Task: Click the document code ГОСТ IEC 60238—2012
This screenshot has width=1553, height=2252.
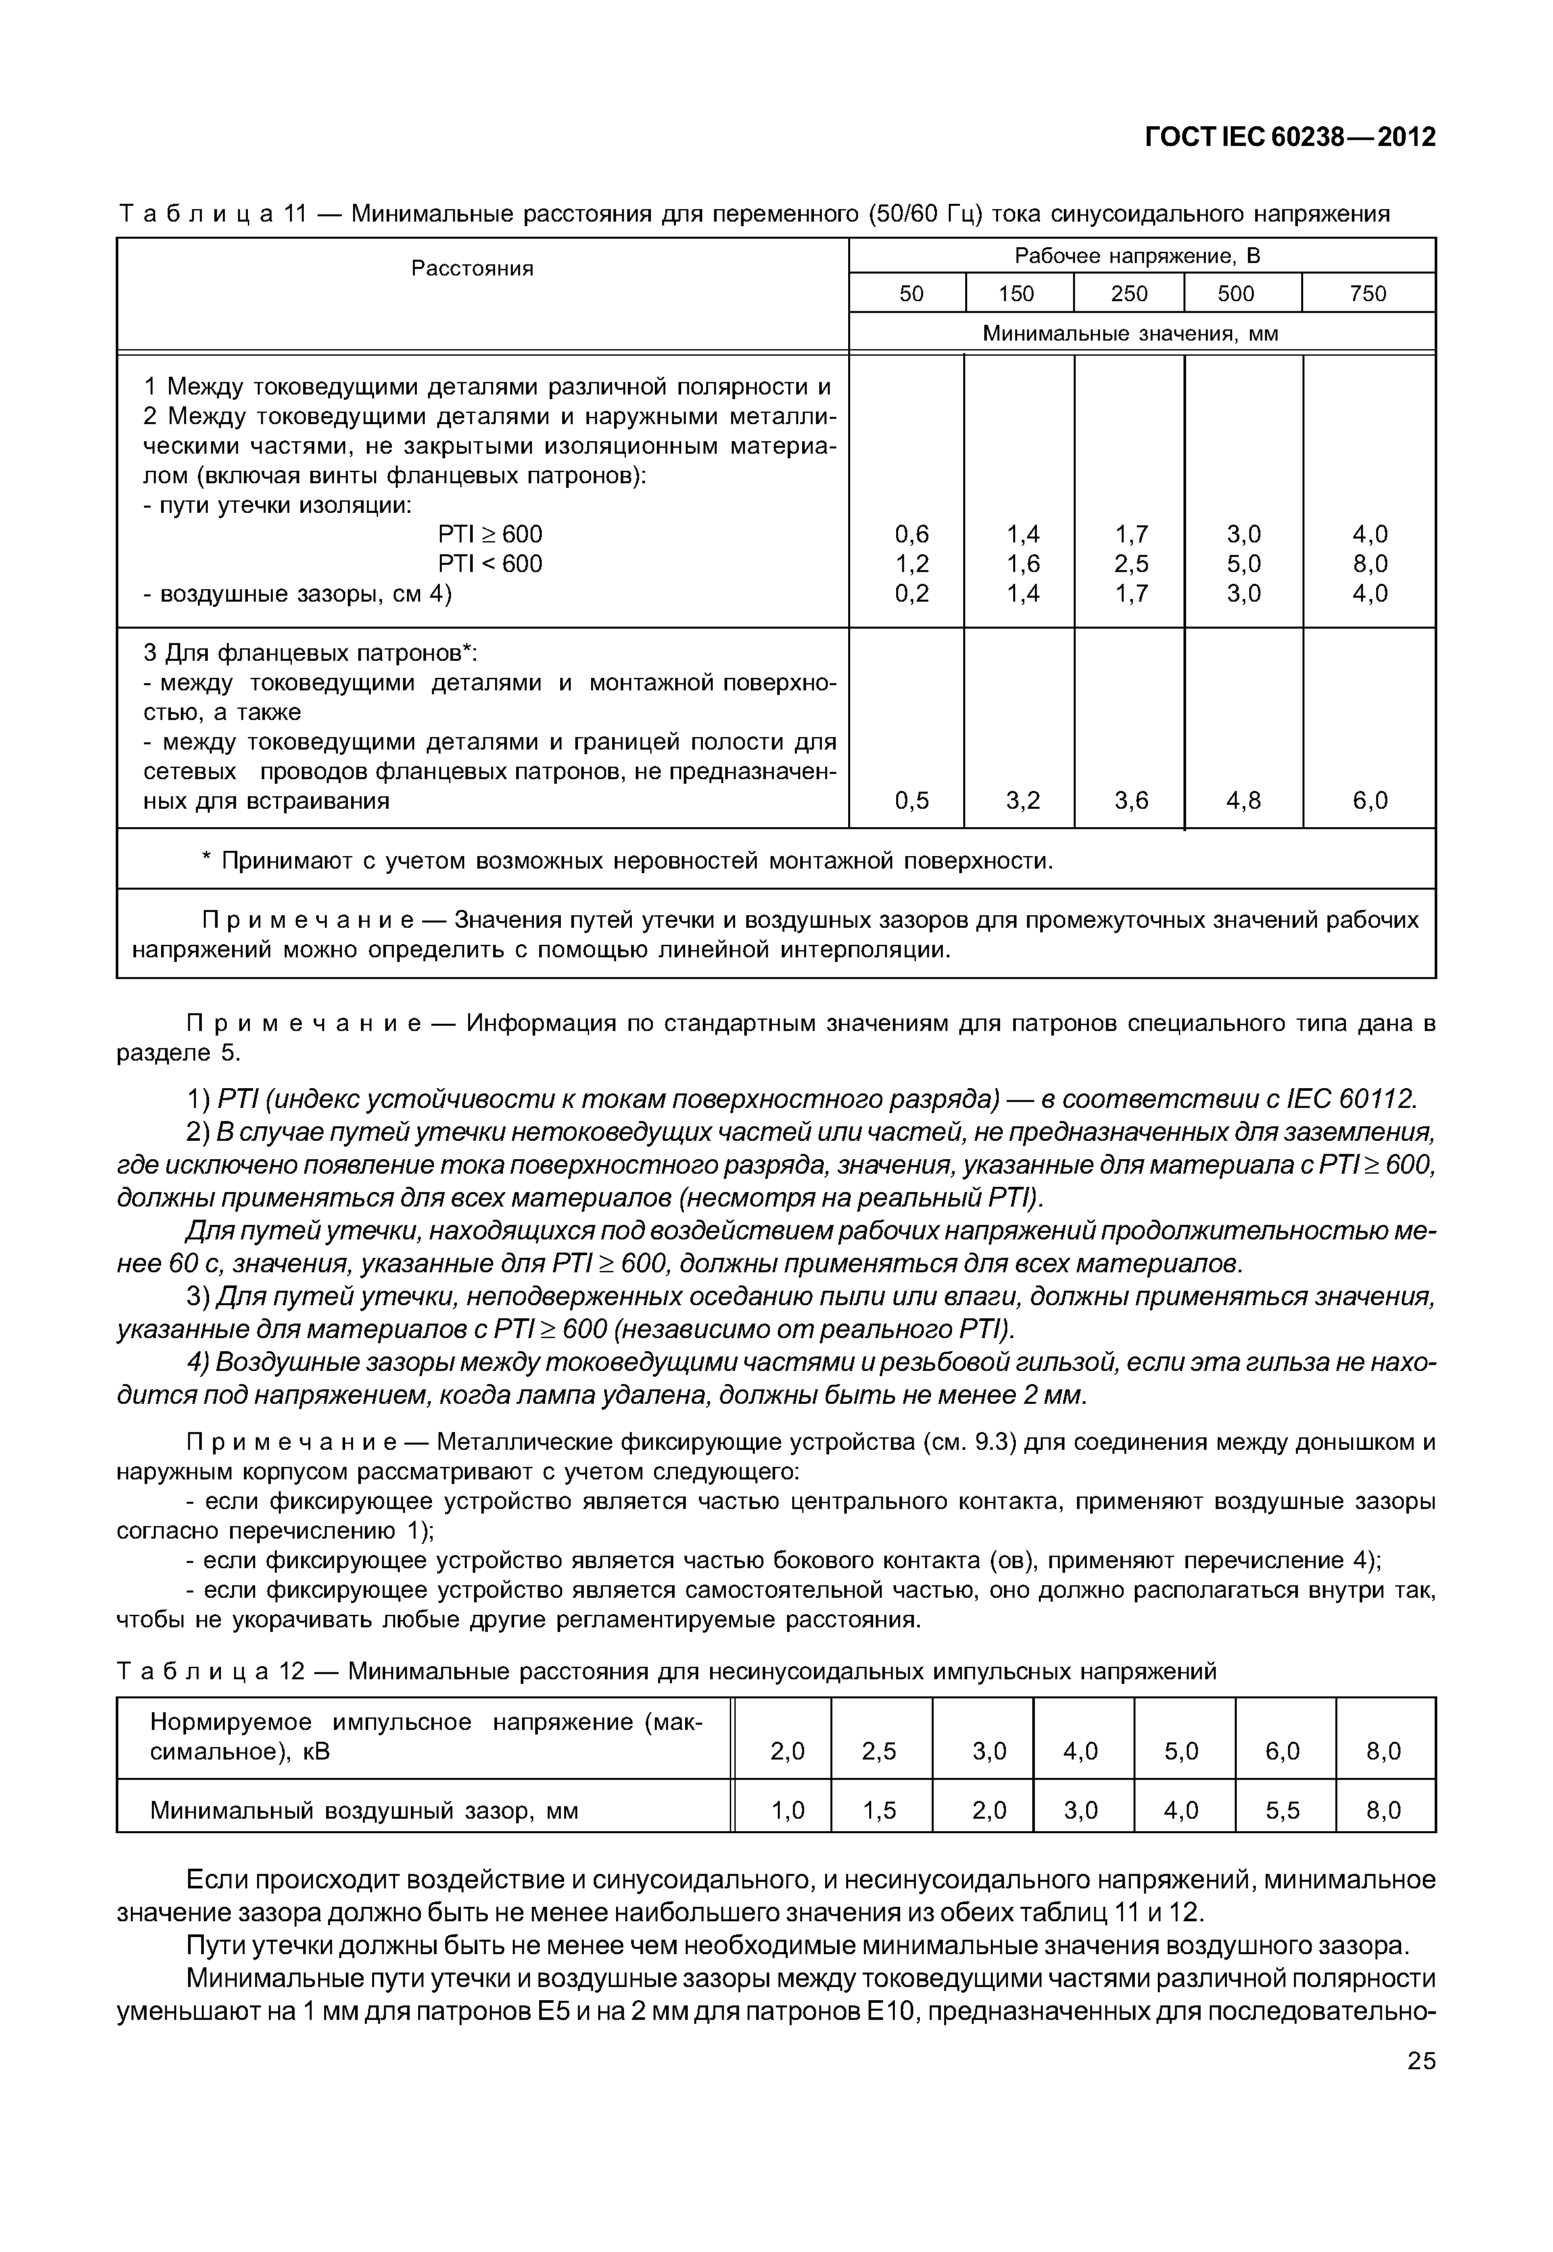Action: (x=1289, y=137)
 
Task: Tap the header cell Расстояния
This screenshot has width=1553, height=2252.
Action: (x=472, y=269)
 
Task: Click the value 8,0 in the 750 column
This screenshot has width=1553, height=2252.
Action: (x=1369, y=564)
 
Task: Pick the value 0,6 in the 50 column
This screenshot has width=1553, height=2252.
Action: (x=912, y=535)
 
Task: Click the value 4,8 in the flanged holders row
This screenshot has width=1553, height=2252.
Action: (x=1243, y=801)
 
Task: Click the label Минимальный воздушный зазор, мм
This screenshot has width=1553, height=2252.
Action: (x=364, y=1811)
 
